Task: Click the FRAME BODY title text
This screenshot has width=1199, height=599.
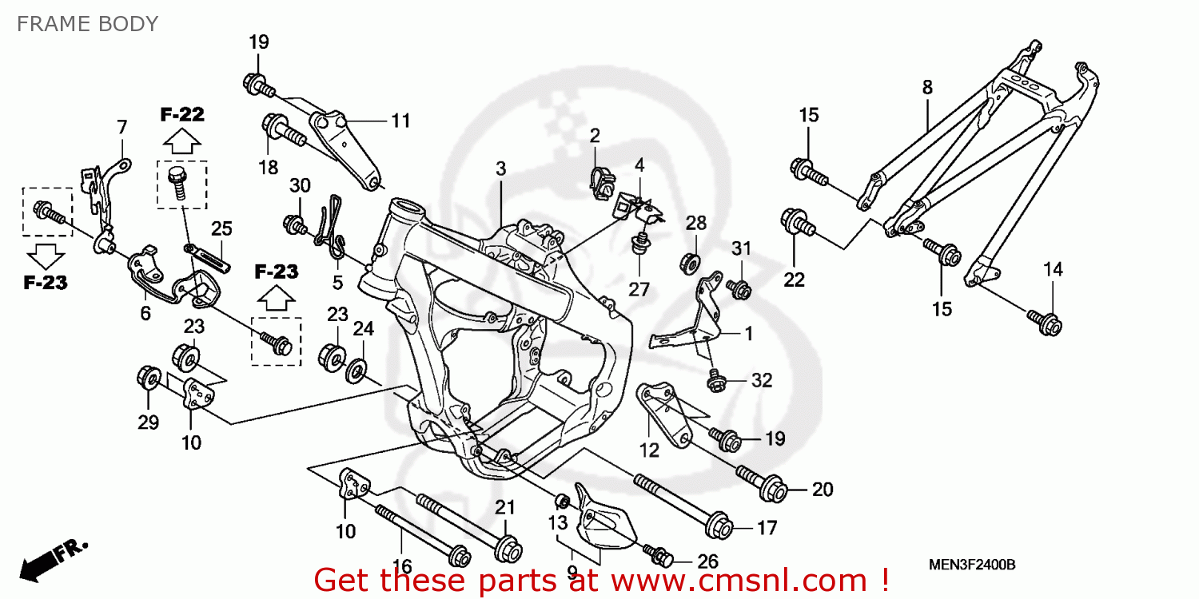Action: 87,24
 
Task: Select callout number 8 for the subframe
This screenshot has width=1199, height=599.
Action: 927,88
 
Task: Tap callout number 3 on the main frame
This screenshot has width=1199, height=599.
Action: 500,169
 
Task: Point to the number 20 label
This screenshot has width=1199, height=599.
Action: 823,490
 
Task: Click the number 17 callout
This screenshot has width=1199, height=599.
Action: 767,527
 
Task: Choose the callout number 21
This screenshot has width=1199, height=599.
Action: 504,507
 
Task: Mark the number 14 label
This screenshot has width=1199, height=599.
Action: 1054,270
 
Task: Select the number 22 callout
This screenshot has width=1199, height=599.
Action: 794,280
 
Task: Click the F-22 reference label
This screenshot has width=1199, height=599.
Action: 182,114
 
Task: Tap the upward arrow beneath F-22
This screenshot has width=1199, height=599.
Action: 182,142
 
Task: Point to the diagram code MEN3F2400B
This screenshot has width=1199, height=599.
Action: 971,565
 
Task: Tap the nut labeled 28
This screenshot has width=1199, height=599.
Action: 693,262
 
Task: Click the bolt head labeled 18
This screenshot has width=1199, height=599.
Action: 276,128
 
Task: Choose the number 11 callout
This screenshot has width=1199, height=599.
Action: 400,121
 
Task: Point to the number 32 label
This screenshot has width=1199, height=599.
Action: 762,381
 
